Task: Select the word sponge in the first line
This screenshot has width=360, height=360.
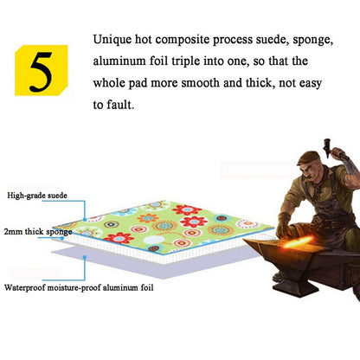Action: point(320,41)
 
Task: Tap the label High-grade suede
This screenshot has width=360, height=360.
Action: point(36,196)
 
